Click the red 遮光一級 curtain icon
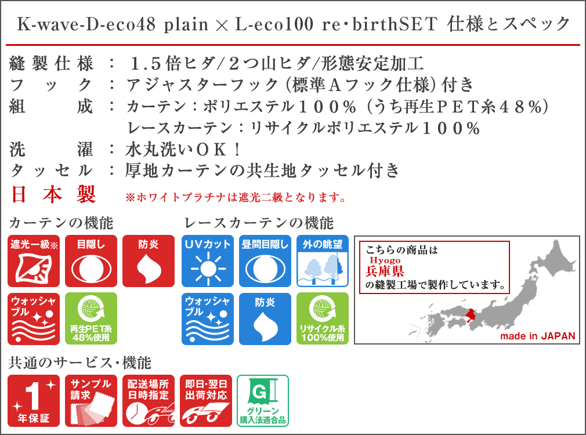coord(34,261)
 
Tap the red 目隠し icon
coord(91,261)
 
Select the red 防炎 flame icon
coord(149,261)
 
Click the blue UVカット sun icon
coord(208,261)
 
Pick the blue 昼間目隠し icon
coord(265,261)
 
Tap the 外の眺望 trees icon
coord(323,261)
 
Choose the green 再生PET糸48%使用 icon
coord(91,318)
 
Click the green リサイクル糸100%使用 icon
coord(323,318)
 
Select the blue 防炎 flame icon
coord(265,318)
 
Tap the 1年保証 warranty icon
coord(34,401)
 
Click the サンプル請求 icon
coord(91,401)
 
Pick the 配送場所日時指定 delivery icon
coord(149,401)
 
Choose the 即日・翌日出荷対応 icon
coord(206,401)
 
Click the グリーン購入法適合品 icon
coord(263,401)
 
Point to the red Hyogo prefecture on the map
coord(471,316)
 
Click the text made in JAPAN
coord(538,336)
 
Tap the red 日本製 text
coord(53,194)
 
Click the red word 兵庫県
coord(385,271)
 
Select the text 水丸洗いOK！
coord(183,150)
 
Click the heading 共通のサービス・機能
coord(79,363)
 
